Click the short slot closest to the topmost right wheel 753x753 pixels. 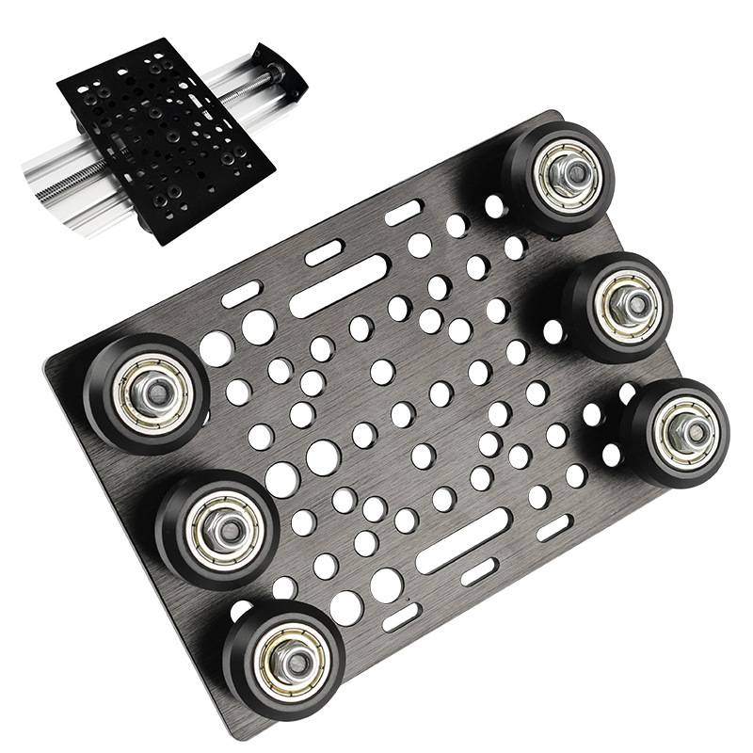tap(403, 213)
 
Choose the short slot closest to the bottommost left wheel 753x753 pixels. tap(400, 617)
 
